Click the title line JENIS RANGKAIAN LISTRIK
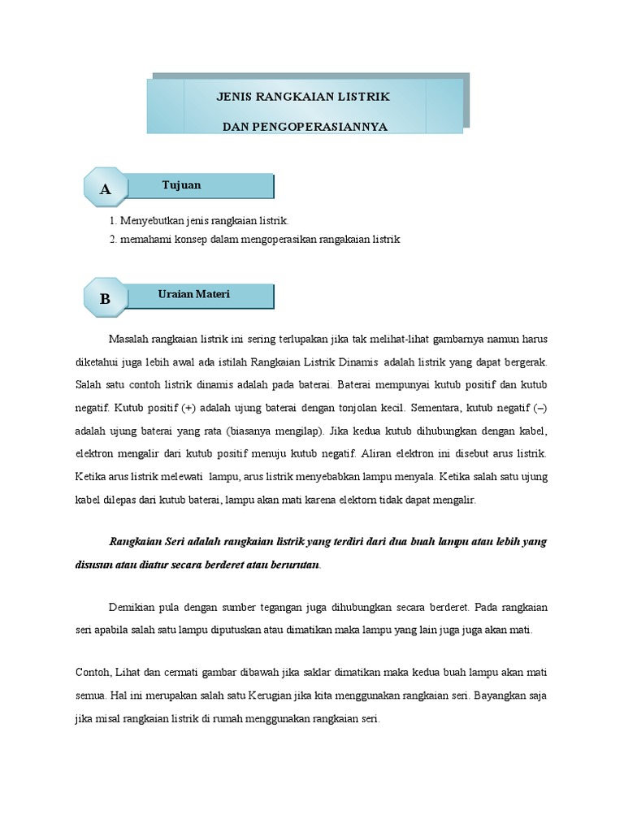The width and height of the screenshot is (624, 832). pyautogui.click(x=303, y=97)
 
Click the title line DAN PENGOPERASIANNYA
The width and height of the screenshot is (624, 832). pyautogui.click(x=305, y=127)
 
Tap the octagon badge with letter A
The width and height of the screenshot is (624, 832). pyautogui.click(x=105, y=189)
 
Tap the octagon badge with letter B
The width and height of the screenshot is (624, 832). pyautogui.click(x=105, y=299)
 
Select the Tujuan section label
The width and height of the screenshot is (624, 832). pyautogui.click(x=181, y=185)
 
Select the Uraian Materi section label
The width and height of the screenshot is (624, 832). pyautogui.click(x=193, y=294)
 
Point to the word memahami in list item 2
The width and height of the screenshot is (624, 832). pyautogui.click(x=142, y=240)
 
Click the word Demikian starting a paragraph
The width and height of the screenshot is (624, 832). pyautogui.click(x=132, y=607)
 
